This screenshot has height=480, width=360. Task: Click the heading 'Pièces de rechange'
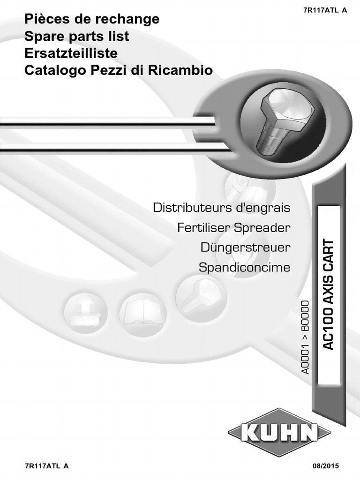(x=92, y=20)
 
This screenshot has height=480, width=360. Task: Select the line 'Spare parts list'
(x=76, y=37)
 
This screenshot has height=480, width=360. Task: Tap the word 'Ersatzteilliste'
(x=71, y=53)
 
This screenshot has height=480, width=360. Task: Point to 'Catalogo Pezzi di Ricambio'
(x=119, y=70)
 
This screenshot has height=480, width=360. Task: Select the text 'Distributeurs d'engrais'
(x=222, y=207)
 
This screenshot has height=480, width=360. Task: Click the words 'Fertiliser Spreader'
(x=234, y=228)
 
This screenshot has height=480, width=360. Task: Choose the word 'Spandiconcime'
(x=244, y=268)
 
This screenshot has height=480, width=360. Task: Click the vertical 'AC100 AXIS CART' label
(x=329, y=294)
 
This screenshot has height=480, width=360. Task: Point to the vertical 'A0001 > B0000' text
(x=306, y=335)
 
